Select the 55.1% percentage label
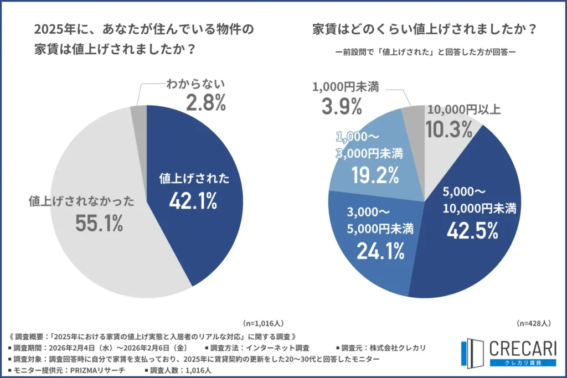[x=99, y=224]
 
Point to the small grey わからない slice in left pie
[x=139, y=113]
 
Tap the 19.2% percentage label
[x=375, y=175]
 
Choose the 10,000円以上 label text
[x=463, y=110]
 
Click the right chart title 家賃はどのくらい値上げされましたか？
[x=424, y=29]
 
